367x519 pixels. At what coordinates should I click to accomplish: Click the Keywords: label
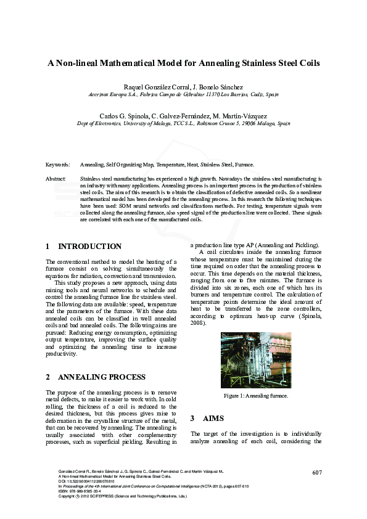click(57, 165)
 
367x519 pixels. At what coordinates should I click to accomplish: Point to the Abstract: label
click(56, 178)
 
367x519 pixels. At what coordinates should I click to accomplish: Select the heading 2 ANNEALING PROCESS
click(96, 377)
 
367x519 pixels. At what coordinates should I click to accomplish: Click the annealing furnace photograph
click(256, 360)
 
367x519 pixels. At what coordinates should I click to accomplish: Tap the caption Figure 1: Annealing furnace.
click(256, 396)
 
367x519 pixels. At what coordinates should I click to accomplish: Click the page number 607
click(317, 473)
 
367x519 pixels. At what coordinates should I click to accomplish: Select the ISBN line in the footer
click(80, 491)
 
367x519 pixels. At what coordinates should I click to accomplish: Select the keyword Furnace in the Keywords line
click(245, 165)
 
